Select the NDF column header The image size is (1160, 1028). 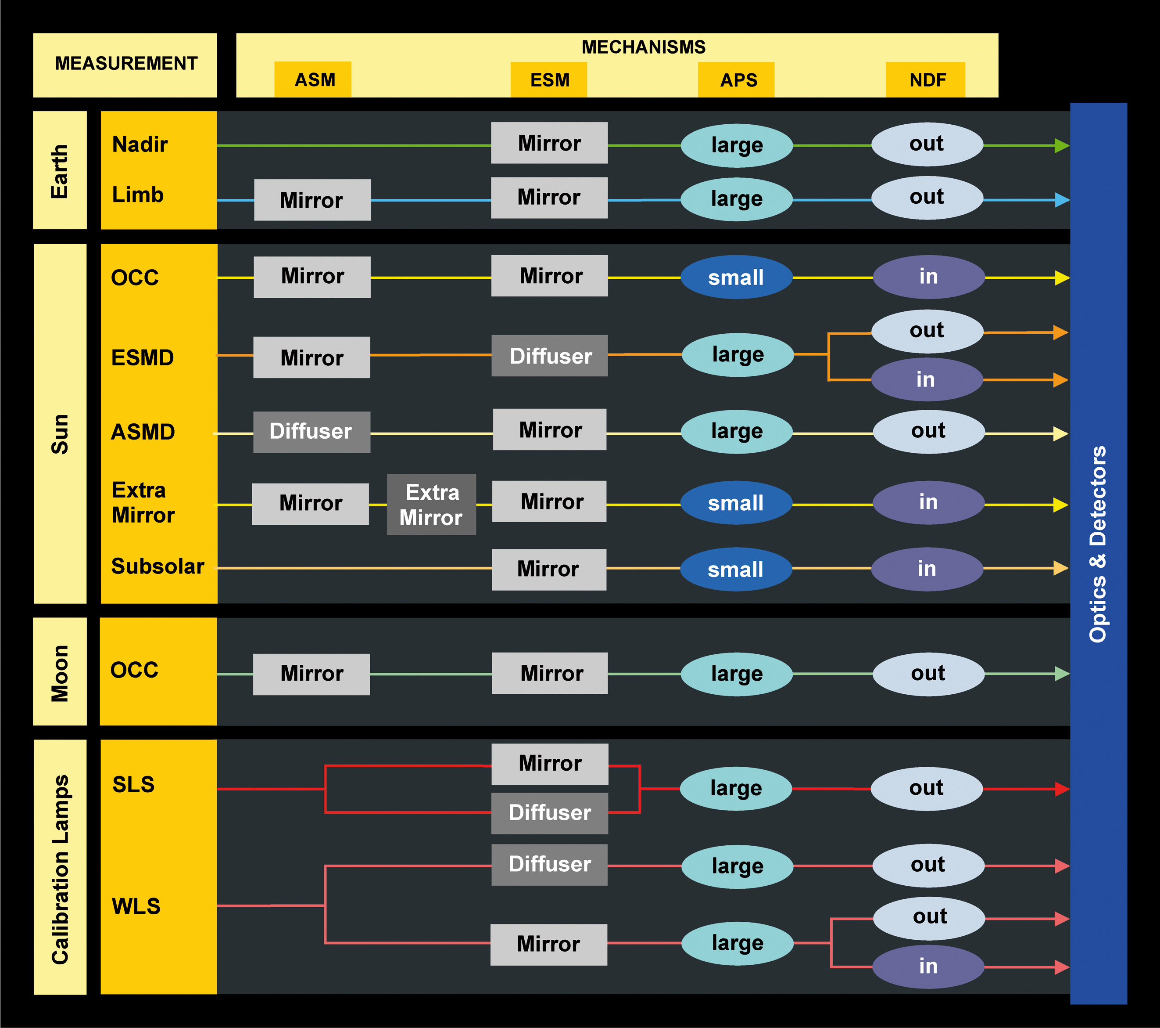pos(926,79)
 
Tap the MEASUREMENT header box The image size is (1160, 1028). pos(125,64)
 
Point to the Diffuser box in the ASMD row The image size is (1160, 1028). pos(311,432)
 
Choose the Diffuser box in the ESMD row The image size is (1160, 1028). pos(549,356)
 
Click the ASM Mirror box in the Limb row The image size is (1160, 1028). pos(312,200)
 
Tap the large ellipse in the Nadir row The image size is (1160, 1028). pos(737,145)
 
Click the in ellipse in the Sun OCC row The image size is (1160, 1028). pos(928,277)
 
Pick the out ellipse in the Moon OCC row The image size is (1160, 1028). pos(928,674)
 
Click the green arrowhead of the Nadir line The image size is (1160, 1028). pos(1061,146)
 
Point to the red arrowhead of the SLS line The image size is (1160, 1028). pos(1061,789)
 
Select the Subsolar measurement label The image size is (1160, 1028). pos(157,566)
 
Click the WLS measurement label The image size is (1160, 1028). pos(136,906)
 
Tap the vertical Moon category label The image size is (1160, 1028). pos(60,673)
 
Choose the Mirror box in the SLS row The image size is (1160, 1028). pos(549,763)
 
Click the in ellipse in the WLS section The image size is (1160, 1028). pos(928,966)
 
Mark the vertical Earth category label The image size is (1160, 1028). pos(60,171)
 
